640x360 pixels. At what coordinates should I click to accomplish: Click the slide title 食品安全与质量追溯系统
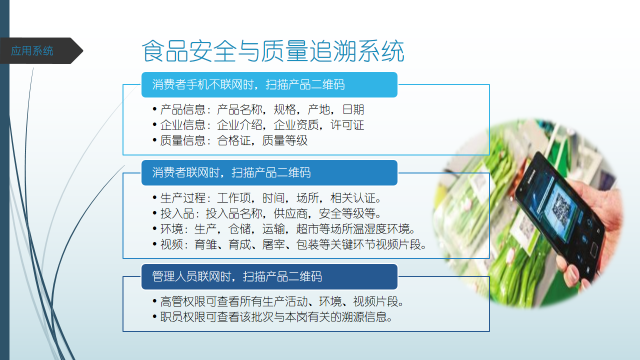coord(273,51)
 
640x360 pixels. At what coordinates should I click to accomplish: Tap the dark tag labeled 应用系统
coord(41,51)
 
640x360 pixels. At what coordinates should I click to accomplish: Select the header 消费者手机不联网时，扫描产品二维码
coord(248,84)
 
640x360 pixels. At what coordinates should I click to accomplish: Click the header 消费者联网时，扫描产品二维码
coord(231,172)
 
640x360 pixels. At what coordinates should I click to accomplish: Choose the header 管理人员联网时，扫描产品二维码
coord(237,276)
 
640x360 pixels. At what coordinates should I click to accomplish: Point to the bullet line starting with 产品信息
coord(258,109)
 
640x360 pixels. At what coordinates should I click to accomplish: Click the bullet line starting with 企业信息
coord(258,125)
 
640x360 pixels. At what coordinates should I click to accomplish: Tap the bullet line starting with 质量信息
coord(230,140)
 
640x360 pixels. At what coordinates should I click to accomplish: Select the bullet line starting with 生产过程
coord(267,197)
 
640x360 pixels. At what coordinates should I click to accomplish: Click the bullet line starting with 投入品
coord(267,213)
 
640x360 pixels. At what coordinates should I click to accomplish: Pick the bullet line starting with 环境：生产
coord(284,229)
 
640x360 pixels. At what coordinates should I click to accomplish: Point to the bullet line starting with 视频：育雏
coord(289,244)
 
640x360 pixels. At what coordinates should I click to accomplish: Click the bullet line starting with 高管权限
coord(278,301)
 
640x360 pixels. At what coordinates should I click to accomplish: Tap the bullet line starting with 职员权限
coord(272,317)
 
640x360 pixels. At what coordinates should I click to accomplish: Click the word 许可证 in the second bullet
coord(347,125)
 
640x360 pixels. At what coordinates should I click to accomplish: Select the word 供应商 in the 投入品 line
coord(290,213)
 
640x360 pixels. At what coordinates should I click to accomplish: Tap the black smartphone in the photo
coord(560,217)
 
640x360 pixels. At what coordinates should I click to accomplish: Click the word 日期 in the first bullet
coord(353,109)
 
